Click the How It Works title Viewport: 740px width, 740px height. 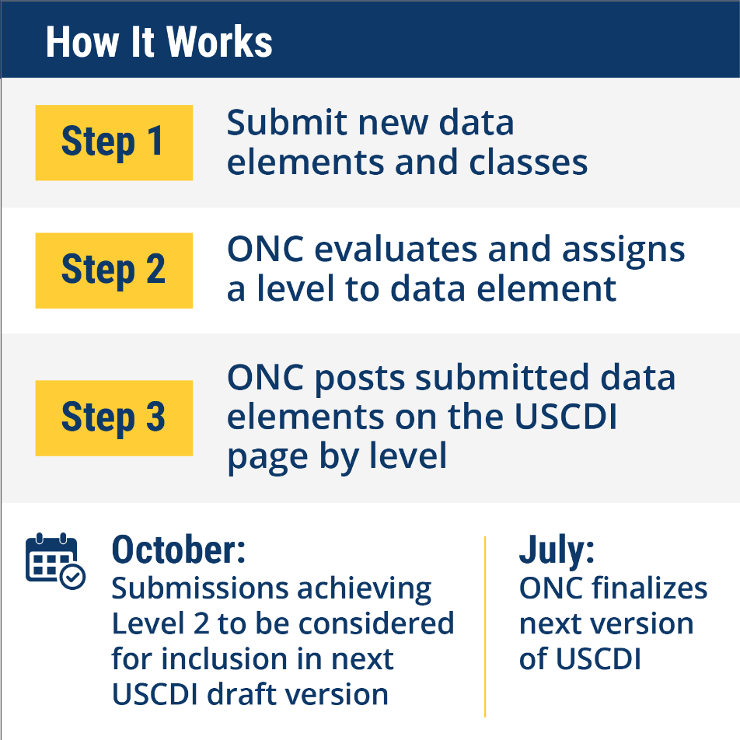(x=159, y=42)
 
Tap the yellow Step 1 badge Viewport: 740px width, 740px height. (x=113, y=142)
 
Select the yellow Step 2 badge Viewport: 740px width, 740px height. (x=113, y=271)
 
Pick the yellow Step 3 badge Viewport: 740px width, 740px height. (x=113, y=418)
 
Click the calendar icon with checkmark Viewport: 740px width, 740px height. (x=55, y=560)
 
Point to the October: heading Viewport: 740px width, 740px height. (x=179, y=550)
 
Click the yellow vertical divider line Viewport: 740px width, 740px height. (x=485, y=627)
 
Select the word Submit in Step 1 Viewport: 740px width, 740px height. (x=287, y=123)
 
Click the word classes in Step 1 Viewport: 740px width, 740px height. (x=528, y=162)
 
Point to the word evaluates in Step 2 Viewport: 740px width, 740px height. (x=396, y=250)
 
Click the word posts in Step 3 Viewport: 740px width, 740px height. (x=360, y=379)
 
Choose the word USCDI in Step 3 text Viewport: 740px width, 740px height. (x=565, y=417)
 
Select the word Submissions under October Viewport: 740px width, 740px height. (x=200, y=588)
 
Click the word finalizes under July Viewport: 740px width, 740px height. (x=649, y=588)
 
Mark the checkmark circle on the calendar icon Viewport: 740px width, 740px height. (x=73, y=577)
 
